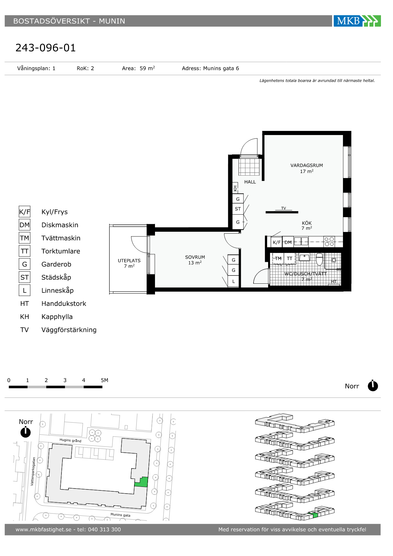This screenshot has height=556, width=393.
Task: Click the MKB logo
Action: coord(357,21)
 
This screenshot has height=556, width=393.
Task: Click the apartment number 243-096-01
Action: coord(46,48)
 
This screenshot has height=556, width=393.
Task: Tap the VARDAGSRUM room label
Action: coord(307,165)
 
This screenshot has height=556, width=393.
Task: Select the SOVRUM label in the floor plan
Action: coord(195,257)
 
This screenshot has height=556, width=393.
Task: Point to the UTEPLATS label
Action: coord(129,261)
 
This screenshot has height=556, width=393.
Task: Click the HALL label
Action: coord(250,182)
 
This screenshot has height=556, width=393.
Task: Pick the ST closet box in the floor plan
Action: coord(238,209)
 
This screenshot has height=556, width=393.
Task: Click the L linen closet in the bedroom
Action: coord(234,281)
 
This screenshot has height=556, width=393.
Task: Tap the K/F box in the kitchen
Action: coord(277,242)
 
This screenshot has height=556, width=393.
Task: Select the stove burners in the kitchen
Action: coord(329,242)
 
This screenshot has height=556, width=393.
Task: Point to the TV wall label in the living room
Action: coord(284,208)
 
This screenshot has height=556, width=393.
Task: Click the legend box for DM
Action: coord(24,225)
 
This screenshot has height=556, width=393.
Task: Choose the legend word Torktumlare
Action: coord(61,251)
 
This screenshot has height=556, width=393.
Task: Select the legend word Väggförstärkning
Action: coord(69,330)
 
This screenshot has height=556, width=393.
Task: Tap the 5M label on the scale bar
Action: coord(104,380)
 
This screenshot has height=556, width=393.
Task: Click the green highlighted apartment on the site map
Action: coord(141,482)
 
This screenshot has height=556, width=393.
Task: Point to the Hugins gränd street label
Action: coord(70,440)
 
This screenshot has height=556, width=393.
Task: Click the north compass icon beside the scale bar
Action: coord(373,386)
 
